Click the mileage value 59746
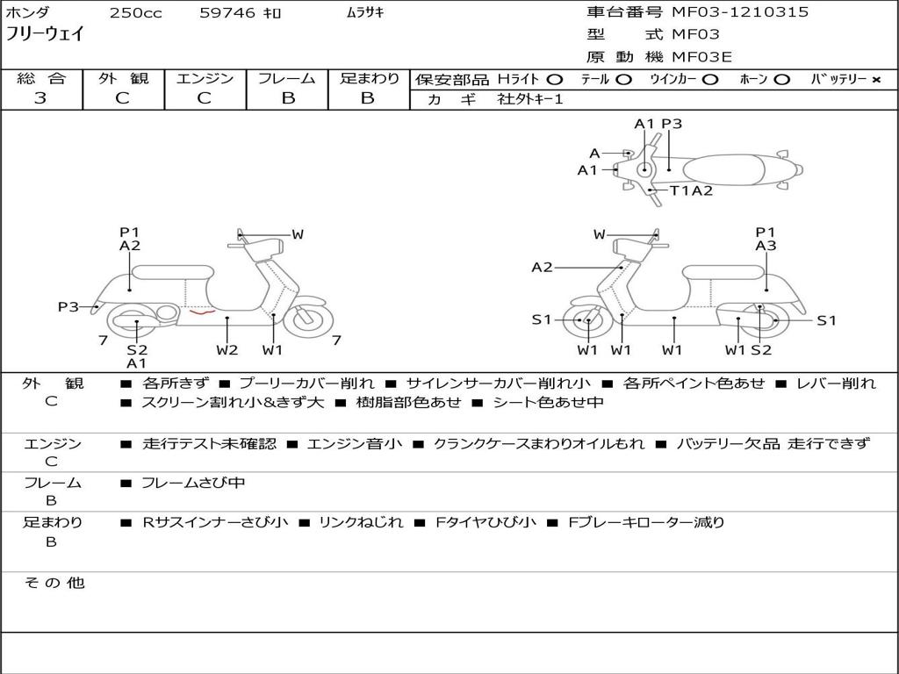(x=227, y=13)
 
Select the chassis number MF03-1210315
(x=740, y=12)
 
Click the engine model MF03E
(x=701, y=57)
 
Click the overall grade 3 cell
(x=40, y=98)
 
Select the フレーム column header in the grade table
(x=287, y=78)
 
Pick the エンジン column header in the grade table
(x=205, y=78)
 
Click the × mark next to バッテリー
(x=875, y=80)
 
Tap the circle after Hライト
(x=554, y=80)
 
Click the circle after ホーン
(x=781, y=80)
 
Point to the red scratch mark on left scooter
(x=203, y=311)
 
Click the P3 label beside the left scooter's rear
(x=68, y=306)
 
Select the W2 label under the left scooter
(x=227, y=350)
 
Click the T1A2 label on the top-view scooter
(x=691, y=190)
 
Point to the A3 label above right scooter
(x=766, y=246)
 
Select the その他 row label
(x=53, y=583)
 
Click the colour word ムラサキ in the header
(x=365, y=13)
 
